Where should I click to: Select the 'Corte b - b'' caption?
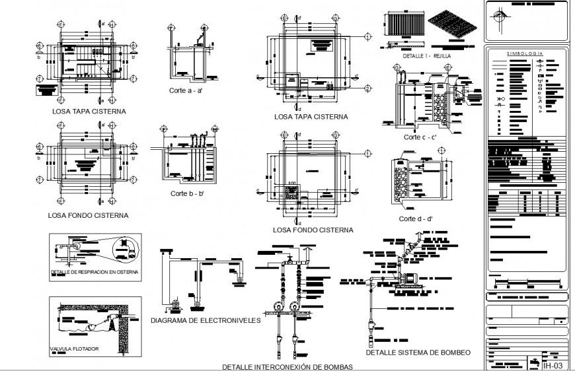(x=187, y=193)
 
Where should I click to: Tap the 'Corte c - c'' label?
(x=420, y=137)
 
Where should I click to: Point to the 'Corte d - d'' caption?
(x=415, y=219)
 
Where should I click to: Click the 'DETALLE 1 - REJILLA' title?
(x=426, y=57)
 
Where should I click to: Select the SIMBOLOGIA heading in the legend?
(x=525, y=53)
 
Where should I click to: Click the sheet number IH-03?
(x=552, y=364)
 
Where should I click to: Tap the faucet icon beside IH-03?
(x=533, y=362)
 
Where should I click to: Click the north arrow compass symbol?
(x=500, y=15)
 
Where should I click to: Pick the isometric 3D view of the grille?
(x=453, y=27)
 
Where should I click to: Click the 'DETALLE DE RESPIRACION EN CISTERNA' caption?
(x=94, y=272)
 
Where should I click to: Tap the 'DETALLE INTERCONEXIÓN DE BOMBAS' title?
(x=287, y=366)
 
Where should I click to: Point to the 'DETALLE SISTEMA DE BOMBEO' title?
(x=419, y=353)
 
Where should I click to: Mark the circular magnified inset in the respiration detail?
(x=126, y=250)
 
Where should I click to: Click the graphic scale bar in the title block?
(x=526, y=284)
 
